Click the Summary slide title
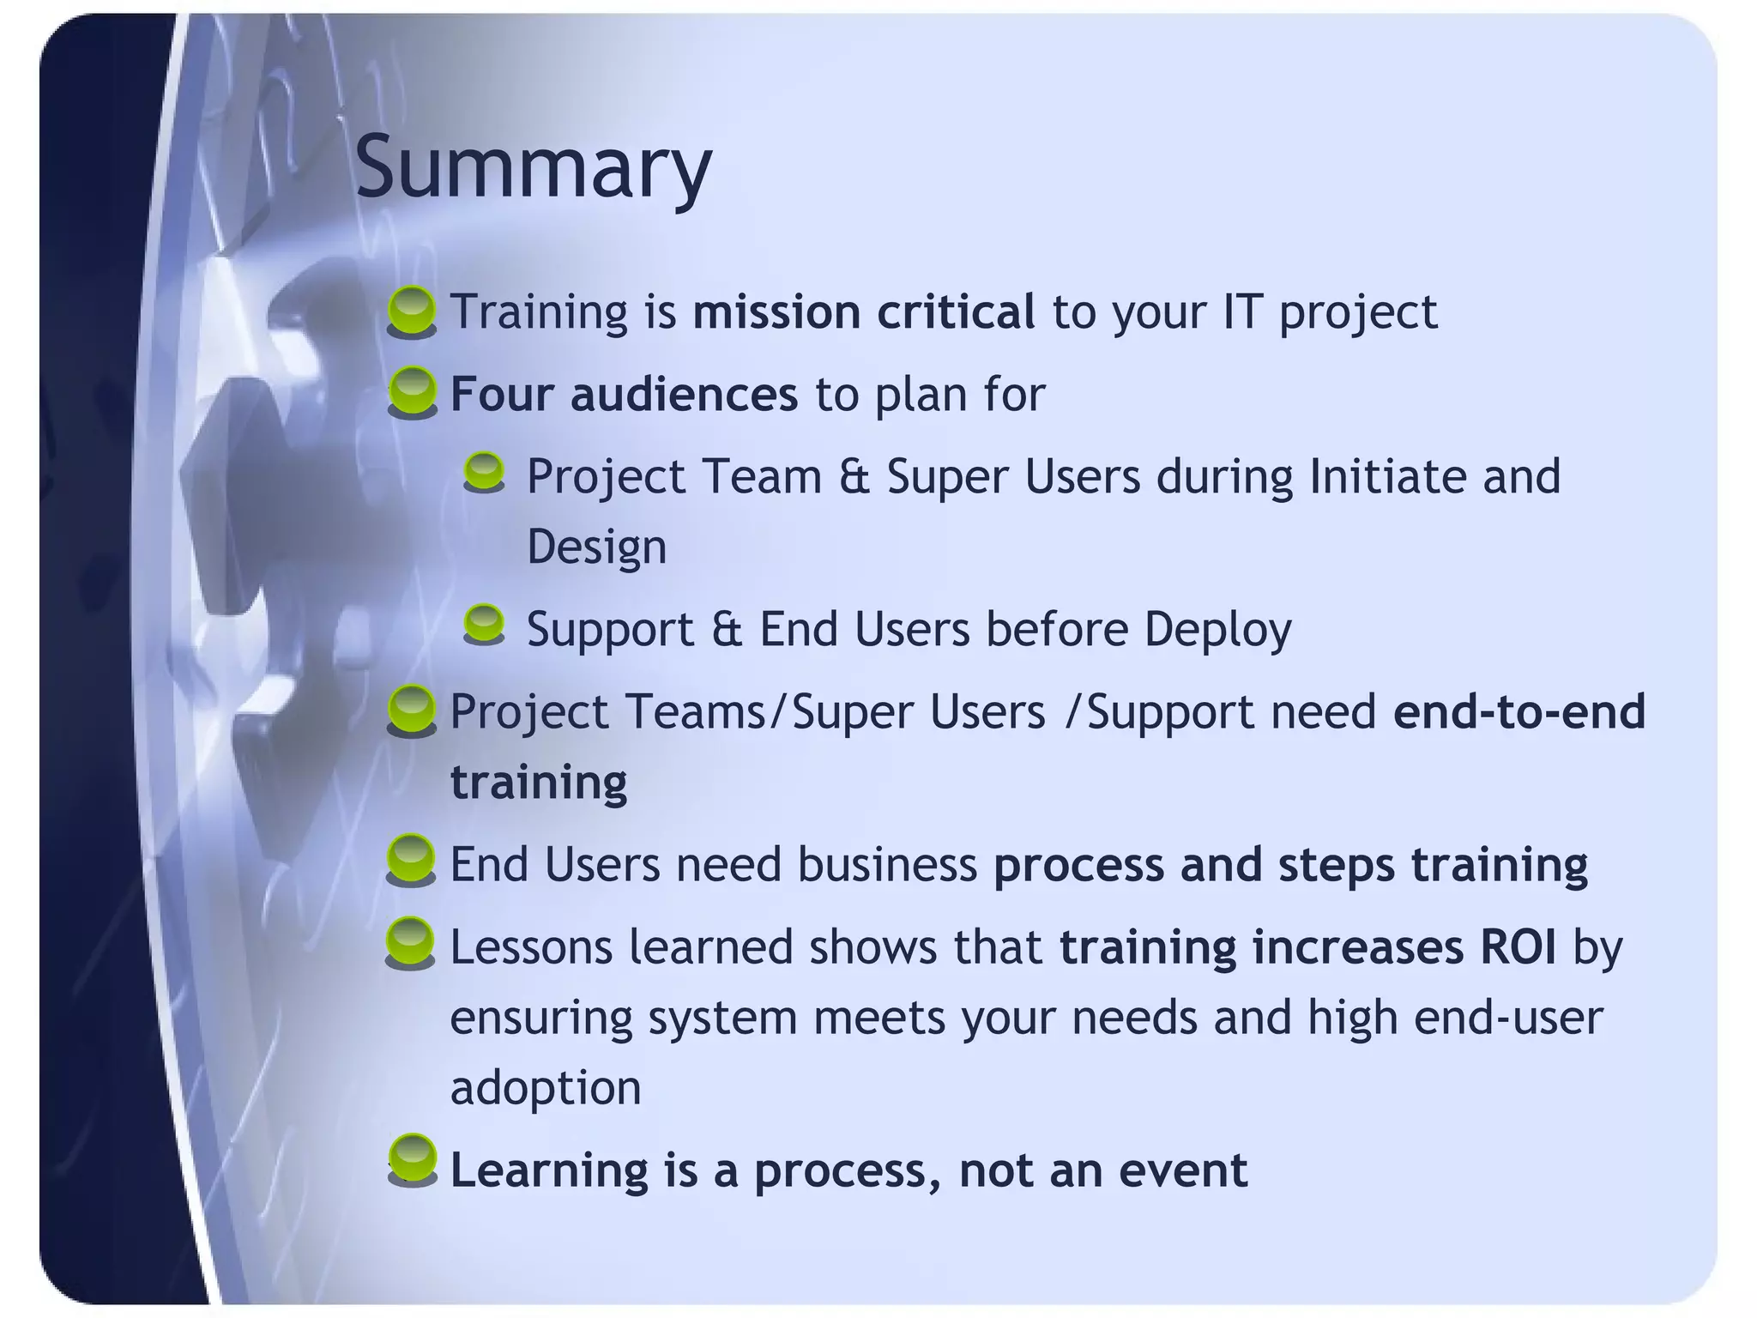pyautogui.click(x=533, y=168)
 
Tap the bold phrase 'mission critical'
pyautogui.click(x=863, y=311)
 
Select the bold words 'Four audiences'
pyautogui.click(x=624, y=395)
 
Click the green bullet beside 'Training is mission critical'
pyautogui.click(x=412, y=311)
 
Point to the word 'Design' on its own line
pyautogui.click(x=596, y=547)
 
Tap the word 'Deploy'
pyautogui.click(x=1217, y=630)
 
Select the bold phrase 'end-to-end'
pyautogui.click(x=1519, y=712)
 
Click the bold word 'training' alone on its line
pyautogui.click(x=539, y=783)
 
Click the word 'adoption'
pyautogui.click(x=546, y=1088)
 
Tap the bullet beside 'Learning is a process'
pyautogui.click(x=412, y=1160)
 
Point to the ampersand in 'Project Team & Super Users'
pyautogui.click(x=854, y=477)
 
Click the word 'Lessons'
pyautogui.click(x=531, y=947)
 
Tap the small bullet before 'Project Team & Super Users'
pyautogui.click(x=484, y=473)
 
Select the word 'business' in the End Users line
pyautogui.click(x=887, y=865)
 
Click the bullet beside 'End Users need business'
pyautogui.click(x=412, y=860)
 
